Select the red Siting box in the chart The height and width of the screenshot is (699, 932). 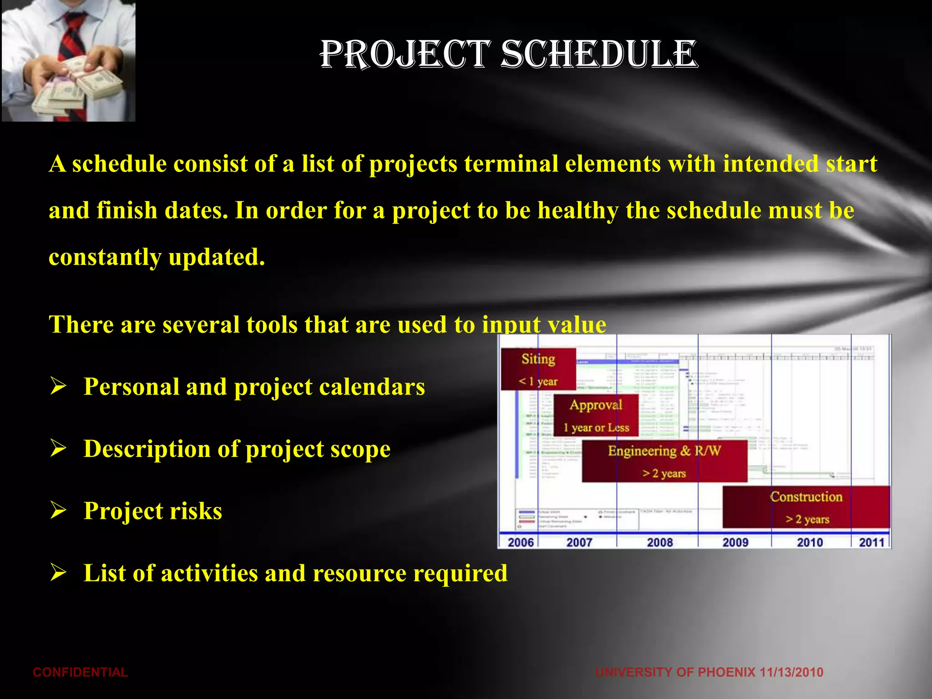pyautogui.click(x=538, y=369)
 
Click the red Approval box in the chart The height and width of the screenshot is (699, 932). pyautogui.click(x=596, y=415)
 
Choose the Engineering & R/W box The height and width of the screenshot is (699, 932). pyautogui.click(x=664, y=461)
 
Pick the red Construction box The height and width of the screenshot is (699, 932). pyautogui.click(x=806, y=507)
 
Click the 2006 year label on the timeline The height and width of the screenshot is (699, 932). pyautogui.click(x=520, y=542)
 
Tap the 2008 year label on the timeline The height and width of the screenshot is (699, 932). pyautogui.click(x=660, y=542)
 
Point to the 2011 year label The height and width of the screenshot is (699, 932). pyautogui.click(x=871, y=542)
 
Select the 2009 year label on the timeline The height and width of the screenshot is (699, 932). pyautogui.click(x=735, y=542)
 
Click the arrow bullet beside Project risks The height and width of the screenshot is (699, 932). pyautogui.click(x=59, y=510)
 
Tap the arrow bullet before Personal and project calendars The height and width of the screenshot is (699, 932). pyautogui.click(x=59, y=386)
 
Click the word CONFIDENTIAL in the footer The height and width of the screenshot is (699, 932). pyautogui.click(x=80, y=672)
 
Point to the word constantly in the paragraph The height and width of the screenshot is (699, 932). pyautogui.click(x=105, y=258)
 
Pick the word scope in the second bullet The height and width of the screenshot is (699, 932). pyautogui.click(x=360, y=449)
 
